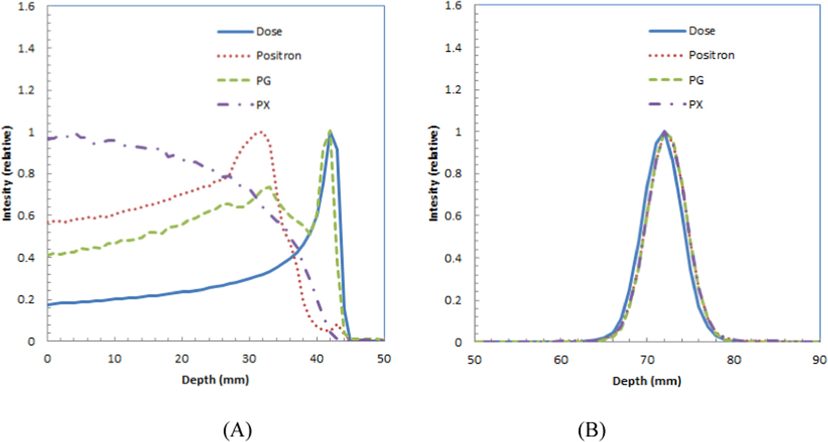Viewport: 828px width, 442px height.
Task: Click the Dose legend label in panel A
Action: tap(268, 32)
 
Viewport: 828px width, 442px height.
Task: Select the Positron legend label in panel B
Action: tap(711, 55)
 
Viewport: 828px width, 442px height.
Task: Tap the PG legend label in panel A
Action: tap(263, 81)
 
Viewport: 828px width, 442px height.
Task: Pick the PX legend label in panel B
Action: tap(696, 105)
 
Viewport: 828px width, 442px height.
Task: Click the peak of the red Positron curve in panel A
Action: tap(260, 131)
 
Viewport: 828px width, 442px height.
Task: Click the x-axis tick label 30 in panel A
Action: tap(249, 359)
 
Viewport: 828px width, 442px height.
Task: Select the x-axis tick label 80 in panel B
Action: tap(733, 360)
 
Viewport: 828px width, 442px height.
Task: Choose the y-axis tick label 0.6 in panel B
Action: tap(453, 216)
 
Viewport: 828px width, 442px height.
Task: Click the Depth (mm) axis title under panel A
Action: tap(215, 380)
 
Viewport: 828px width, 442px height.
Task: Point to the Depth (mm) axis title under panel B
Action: tap(646, 381)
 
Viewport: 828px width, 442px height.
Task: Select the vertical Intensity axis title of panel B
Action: tap(434, 174)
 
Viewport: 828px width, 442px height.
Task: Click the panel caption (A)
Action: tap(238, 429)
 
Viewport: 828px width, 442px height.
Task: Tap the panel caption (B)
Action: tap(591, 429)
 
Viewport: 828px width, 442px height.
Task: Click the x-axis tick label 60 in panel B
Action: tap(561, 360)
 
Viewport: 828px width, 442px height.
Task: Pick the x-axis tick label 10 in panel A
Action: tap(114, 359)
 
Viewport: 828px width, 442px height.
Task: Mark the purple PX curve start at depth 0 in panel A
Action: tap(48, 139)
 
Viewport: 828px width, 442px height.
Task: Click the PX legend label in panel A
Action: tap(263, 105)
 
